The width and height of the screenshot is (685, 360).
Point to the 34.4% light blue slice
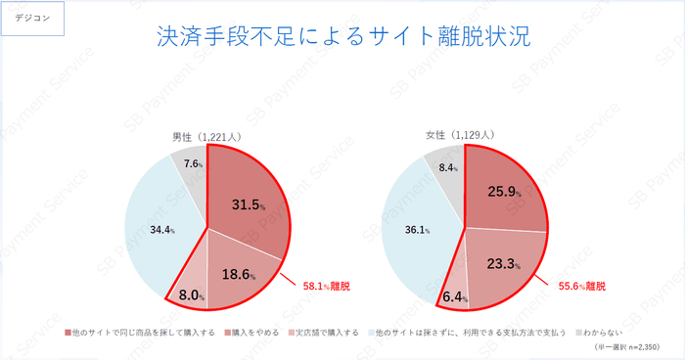pos(157,231)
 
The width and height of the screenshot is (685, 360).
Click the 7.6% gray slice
pos(192,163)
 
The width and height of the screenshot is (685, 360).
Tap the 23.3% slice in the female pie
pos(501,262)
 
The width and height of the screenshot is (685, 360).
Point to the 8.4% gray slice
pos(448,166)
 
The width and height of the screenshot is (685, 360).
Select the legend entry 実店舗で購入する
pos(328,332)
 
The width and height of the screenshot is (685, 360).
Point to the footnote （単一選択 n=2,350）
pos(628,347)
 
